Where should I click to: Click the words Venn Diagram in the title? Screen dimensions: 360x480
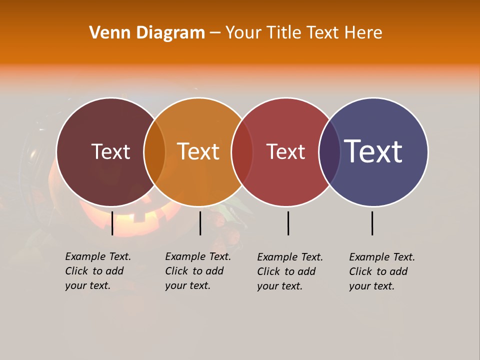coord(147,33)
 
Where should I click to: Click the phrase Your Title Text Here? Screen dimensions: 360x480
coord(303,33)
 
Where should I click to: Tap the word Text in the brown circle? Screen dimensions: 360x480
coord(110,151)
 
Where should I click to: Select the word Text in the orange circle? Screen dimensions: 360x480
coord(198,151)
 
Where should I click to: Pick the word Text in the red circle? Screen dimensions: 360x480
coord(285,151)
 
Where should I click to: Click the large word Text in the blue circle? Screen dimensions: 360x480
coord(373,151)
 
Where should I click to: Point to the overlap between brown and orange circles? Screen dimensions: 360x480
coord(154,152)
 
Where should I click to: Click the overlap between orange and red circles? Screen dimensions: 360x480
coord(242,152)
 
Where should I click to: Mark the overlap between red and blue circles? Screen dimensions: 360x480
coord(329,152)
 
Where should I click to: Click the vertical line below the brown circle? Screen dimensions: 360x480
coord(112,223)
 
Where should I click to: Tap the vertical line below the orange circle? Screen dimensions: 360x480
coord(200,223)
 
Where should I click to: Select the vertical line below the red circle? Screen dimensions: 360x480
coord(288,223)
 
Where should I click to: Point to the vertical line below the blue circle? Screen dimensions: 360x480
coord(372,223)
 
